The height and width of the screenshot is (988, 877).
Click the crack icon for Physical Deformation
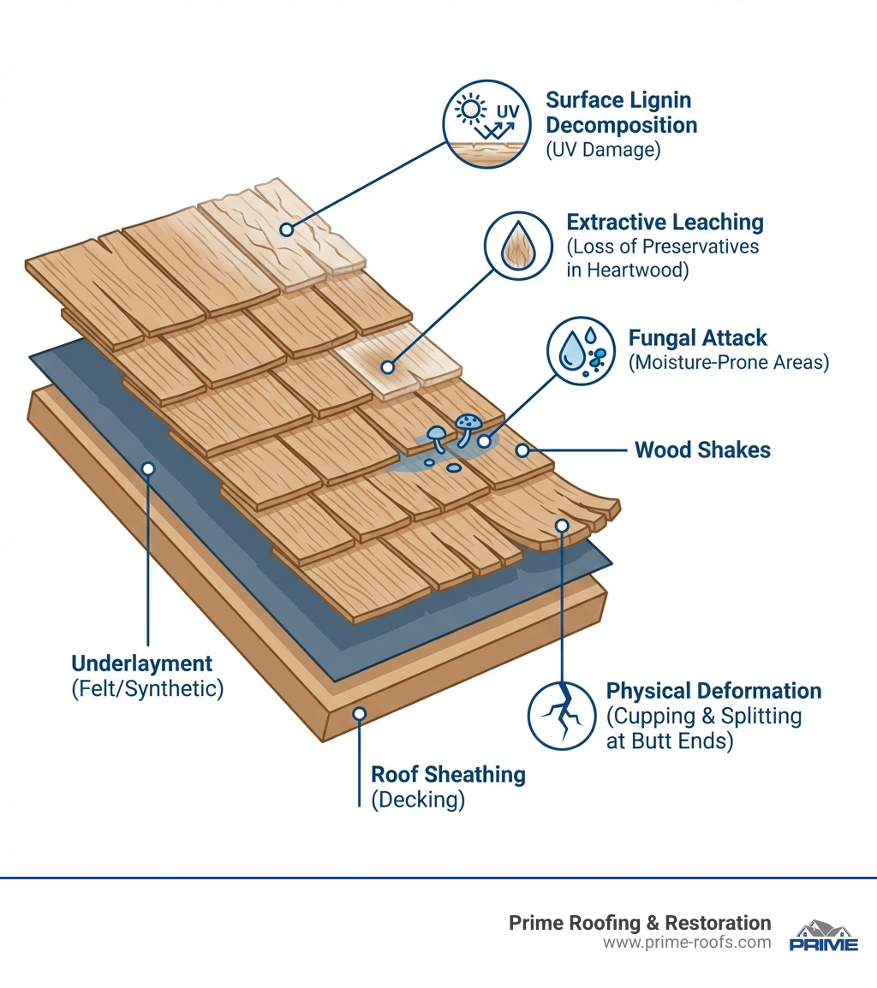(x=561, y=716)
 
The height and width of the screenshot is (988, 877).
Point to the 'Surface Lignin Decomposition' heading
(x=621, y=112)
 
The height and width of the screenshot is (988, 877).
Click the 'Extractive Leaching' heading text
(x=665, y=223)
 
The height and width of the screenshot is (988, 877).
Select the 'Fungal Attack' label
(x=698, y=337)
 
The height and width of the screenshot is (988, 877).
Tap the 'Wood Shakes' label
(x=702, y=450)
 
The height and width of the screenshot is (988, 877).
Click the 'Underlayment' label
(x=141, y=664)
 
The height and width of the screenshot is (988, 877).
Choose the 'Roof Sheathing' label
(x=448, y=775)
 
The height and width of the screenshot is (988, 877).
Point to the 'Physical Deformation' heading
(x=713, y=691)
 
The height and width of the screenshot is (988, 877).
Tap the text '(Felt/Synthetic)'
(x=146, y=688)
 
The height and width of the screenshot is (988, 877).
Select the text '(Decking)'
(x=418, y=801)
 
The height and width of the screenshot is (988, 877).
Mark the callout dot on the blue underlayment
(x=148, y=469)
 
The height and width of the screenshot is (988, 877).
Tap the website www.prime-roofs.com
(x=686, y=943)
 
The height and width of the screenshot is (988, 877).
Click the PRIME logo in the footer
(x=822, y=936)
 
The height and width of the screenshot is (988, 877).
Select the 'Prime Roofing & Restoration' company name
(x=640, y=923)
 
